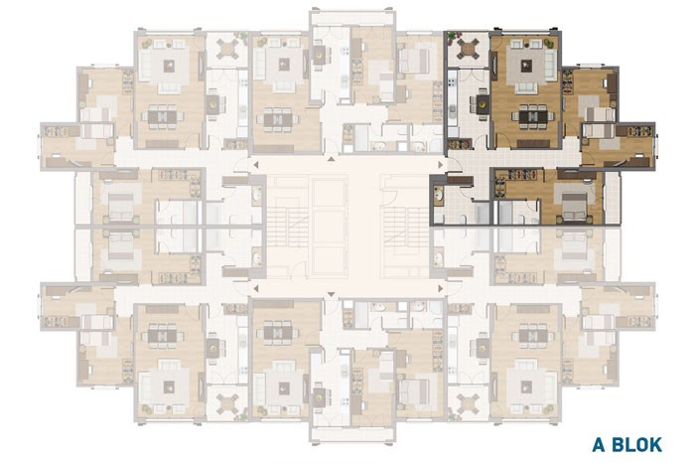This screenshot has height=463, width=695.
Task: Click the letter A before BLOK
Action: (600, 444)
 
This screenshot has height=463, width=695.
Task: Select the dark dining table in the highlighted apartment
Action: (534, 116)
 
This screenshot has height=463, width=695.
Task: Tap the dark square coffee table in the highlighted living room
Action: (526, 66)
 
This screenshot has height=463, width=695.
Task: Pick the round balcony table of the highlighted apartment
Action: (468, 49)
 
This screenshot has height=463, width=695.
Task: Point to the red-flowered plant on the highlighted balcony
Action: (453, 37)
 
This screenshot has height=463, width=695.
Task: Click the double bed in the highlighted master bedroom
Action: (575, 203)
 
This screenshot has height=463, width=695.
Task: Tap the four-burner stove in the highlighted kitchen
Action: (452, 82)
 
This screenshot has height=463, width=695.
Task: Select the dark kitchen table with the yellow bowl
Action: (483, 105)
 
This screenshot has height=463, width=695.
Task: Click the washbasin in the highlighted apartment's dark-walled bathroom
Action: (439, 195)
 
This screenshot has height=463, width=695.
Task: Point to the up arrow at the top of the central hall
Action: (331, 159)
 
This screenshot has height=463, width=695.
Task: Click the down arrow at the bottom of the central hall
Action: (331, 294)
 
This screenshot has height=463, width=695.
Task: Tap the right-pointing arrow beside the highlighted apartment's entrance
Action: (440, 165)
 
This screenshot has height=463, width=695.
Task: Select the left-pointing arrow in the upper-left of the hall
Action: (256, 165)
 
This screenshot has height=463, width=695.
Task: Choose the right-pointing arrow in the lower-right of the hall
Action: (440, 289)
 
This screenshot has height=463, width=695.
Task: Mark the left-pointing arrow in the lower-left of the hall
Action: (256, 289)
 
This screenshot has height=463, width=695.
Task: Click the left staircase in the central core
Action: (287, 228)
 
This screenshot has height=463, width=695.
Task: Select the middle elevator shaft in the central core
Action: (330, 228)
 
